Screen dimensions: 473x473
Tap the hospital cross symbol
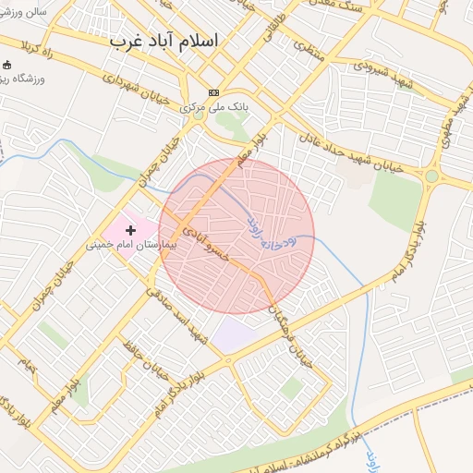(130, 229)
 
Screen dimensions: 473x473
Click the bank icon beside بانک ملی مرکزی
(214, 92)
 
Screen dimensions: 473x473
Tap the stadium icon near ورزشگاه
(8, 66)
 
